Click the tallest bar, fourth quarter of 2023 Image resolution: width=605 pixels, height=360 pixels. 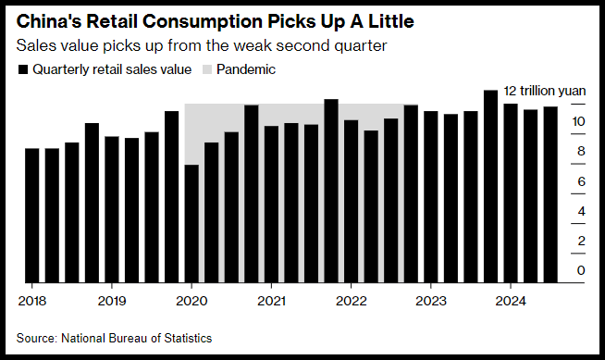click(x=490, y=186)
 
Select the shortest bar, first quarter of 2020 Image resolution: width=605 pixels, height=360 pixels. click(x=191, y=224)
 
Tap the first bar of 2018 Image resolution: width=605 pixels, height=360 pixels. click(x=32, y=216)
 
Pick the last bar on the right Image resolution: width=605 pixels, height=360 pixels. click(x=550, y=194)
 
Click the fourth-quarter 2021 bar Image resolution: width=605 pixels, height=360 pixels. click(x=331, y=191)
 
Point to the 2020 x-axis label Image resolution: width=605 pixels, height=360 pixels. click(x=191, y=301)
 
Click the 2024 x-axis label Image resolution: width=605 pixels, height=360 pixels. click(x=511, y=301)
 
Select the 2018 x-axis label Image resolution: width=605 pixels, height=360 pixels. click(x=32, y=301)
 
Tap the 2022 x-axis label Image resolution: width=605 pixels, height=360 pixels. click(x=352, y=301)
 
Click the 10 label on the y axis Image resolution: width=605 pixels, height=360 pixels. click(x=578, y=121)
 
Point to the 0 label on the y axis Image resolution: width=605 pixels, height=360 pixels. click(x=581, y=270)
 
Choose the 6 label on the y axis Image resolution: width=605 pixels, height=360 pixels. click(x=581, y=181)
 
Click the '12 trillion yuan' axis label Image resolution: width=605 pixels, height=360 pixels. click(x=545, y=91)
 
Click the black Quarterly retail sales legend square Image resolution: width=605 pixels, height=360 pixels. click(x=23, y=69)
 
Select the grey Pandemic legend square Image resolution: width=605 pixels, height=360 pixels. click(x=207, y=69)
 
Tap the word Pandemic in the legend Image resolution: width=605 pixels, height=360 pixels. click(x=246, y=69)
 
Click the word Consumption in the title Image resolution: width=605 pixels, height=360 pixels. click(x=203, y=21)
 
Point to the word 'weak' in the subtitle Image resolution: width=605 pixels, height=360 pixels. click(x=253, y=45)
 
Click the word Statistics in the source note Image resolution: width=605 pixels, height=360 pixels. click(x=188, y=338)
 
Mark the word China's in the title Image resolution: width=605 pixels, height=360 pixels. click(x=49, y=21)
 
